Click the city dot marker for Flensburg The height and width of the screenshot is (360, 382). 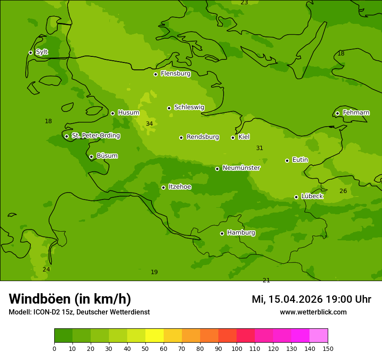[x=155, y=74]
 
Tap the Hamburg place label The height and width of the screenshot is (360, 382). [x=241, y=233]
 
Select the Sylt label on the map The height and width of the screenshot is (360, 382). [x=42, y=52]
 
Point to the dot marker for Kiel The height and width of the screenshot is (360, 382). [x=233, y=137]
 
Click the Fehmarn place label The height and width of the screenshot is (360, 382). [x=356, y=113]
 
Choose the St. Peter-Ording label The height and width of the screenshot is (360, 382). [x=95, y=136]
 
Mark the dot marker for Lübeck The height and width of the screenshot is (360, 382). [x=296, y=197]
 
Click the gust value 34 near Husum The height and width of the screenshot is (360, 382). [x=149, y=124]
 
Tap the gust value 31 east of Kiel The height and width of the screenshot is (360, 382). [x=260, y=148]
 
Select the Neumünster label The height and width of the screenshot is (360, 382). [x=241, y=168]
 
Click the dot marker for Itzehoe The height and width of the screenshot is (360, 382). [x=163, y=187]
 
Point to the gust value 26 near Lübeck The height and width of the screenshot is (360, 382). [x=343, y=191]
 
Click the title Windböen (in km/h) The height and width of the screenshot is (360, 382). [x=70, y=299]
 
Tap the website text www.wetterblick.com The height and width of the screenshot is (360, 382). [x=313, y=312]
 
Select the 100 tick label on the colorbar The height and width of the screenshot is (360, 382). [x=237, y=348]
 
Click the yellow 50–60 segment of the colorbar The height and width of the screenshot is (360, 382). [x=155, y=336]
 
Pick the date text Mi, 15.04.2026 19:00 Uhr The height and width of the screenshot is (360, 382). [x=311, y=299]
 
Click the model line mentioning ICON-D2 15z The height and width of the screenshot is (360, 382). [x=79, y=312]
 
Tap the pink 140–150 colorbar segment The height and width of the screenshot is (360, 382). [x=319, y=336]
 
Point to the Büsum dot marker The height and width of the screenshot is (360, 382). [x=91, y=157]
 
